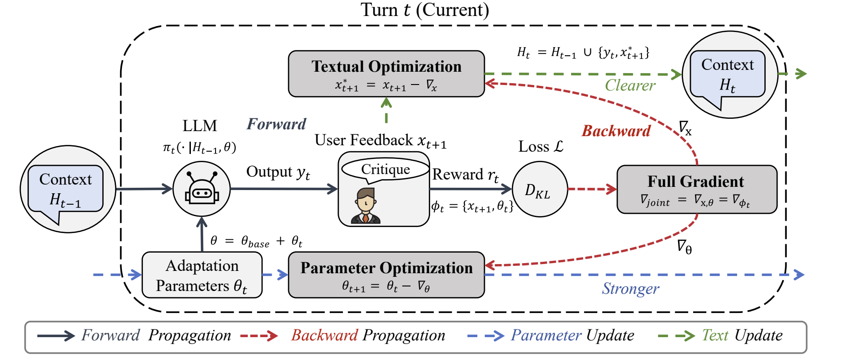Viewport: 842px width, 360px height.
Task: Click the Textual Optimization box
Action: pyautogui.click(x=386, y=74)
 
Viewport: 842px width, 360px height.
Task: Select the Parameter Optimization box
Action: pyautogui.click(x=386, y=275)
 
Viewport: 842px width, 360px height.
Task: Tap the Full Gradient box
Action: pyautogui.click(x=697, y=189)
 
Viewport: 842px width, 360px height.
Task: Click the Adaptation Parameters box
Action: pyautogui.click(x=202, y=275)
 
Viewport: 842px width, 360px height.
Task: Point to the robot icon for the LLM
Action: pyautogui.click(x=201, y=188)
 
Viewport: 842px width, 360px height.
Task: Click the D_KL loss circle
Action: pyautogui.click(x=540, y=189)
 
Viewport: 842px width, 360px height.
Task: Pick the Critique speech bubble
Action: pyautogui.click(x=385, y=169)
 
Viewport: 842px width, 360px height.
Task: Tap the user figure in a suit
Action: pyautogui.click(x=366, y=206)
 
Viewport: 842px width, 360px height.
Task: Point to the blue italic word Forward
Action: pyautogui.click(x=276, y=124)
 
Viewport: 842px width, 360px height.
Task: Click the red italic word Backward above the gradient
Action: pyautogui.click(x=616, y=131)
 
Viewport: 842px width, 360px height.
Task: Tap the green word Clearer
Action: pyautogui.click(x=630, y=85)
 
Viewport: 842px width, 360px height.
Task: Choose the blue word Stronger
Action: pyautogui.click(x=630, y=289)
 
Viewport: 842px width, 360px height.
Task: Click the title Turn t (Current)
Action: pyautogui.click(x=425, y=10)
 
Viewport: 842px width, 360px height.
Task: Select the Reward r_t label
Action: pyautogui.click(x=466, y=175)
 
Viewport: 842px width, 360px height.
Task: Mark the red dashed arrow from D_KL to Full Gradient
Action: pyautogui.click(x=592, y=189)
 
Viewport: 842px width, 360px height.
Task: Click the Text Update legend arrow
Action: pyautogui.click(x=676, y=336)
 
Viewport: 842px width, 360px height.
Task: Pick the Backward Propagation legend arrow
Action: pyautogui.click(x=258, y=336)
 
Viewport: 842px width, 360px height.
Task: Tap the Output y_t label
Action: pyautogui.click(x=278, y=172)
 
